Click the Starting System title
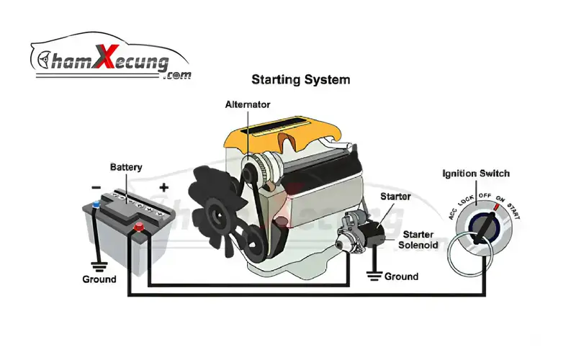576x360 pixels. coord(300,79)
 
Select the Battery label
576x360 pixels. coord(126,168)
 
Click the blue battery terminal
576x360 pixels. coord(96,207)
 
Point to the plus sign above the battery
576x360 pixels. coord(163,188)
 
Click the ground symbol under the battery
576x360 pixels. coord(95,264)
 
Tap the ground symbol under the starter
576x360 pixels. coord(372,274)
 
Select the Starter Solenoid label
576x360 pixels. coord(418,240)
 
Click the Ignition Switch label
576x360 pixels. coord(476,174)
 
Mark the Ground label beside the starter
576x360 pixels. coord(401,276)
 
